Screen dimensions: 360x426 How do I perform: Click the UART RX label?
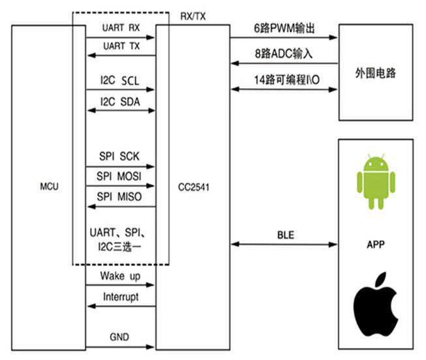(120, 29)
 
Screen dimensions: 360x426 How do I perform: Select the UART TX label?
(120, 47)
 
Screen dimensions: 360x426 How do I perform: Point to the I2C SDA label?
(118, 102)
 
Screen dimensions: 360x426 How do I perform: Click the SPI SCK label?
(118, 157)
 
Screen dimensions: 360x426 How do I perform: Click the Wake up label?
(121, 276)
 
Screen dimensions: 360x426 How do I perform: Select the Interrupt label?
(121, 297)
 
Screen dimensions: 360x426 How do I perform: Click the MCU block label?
(49, 187)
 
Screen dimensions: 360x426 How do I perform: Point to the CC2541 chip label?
(192, 187)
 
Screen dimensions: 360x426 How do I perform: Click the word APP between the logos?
(375, 246)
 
